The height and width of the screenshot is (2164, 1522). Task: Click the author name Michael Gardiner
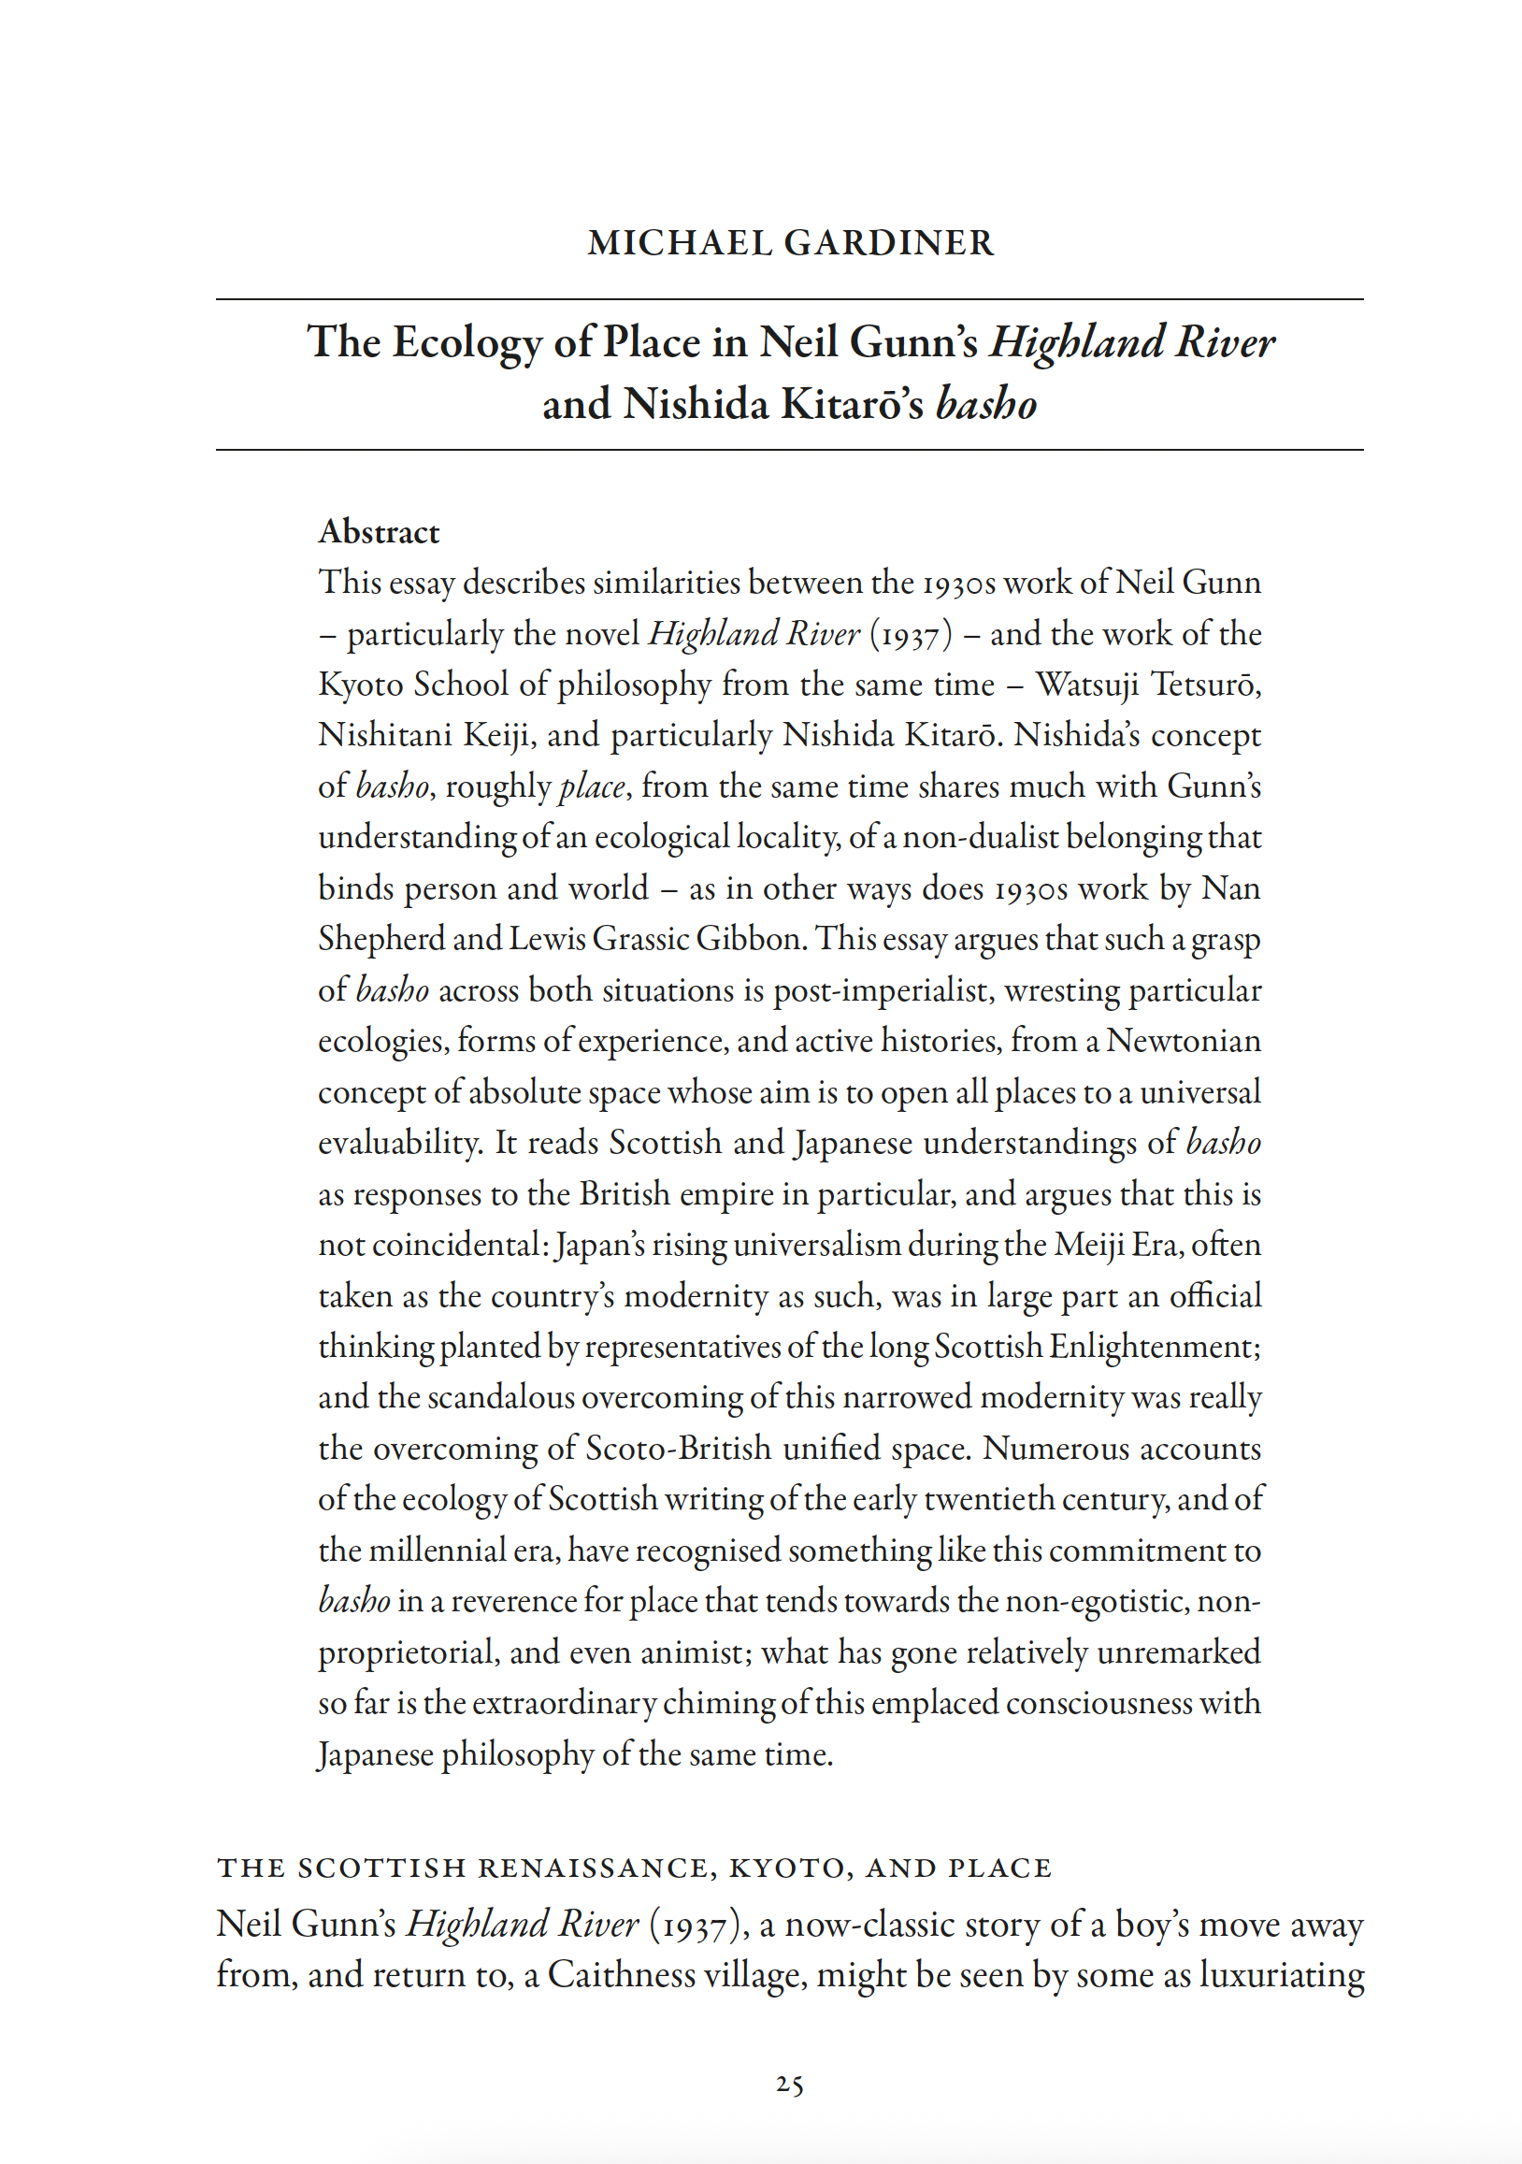click(790, 243)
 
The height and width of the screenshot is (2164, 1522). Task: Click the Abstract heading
click(379, 532)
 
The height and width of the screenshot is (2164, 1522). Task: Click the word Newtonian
click(1183, 1042)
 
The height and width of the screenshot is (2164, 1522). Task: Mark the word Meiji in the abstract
click(1087, 1245)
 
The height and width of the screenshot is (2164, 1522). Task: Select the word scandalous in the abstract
click(500, 1398)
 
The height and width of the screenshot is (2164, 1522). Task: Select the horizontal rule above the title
click(790, 299)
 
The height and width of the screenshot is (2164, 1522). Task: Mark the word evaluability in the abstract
click(401, 1144)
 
